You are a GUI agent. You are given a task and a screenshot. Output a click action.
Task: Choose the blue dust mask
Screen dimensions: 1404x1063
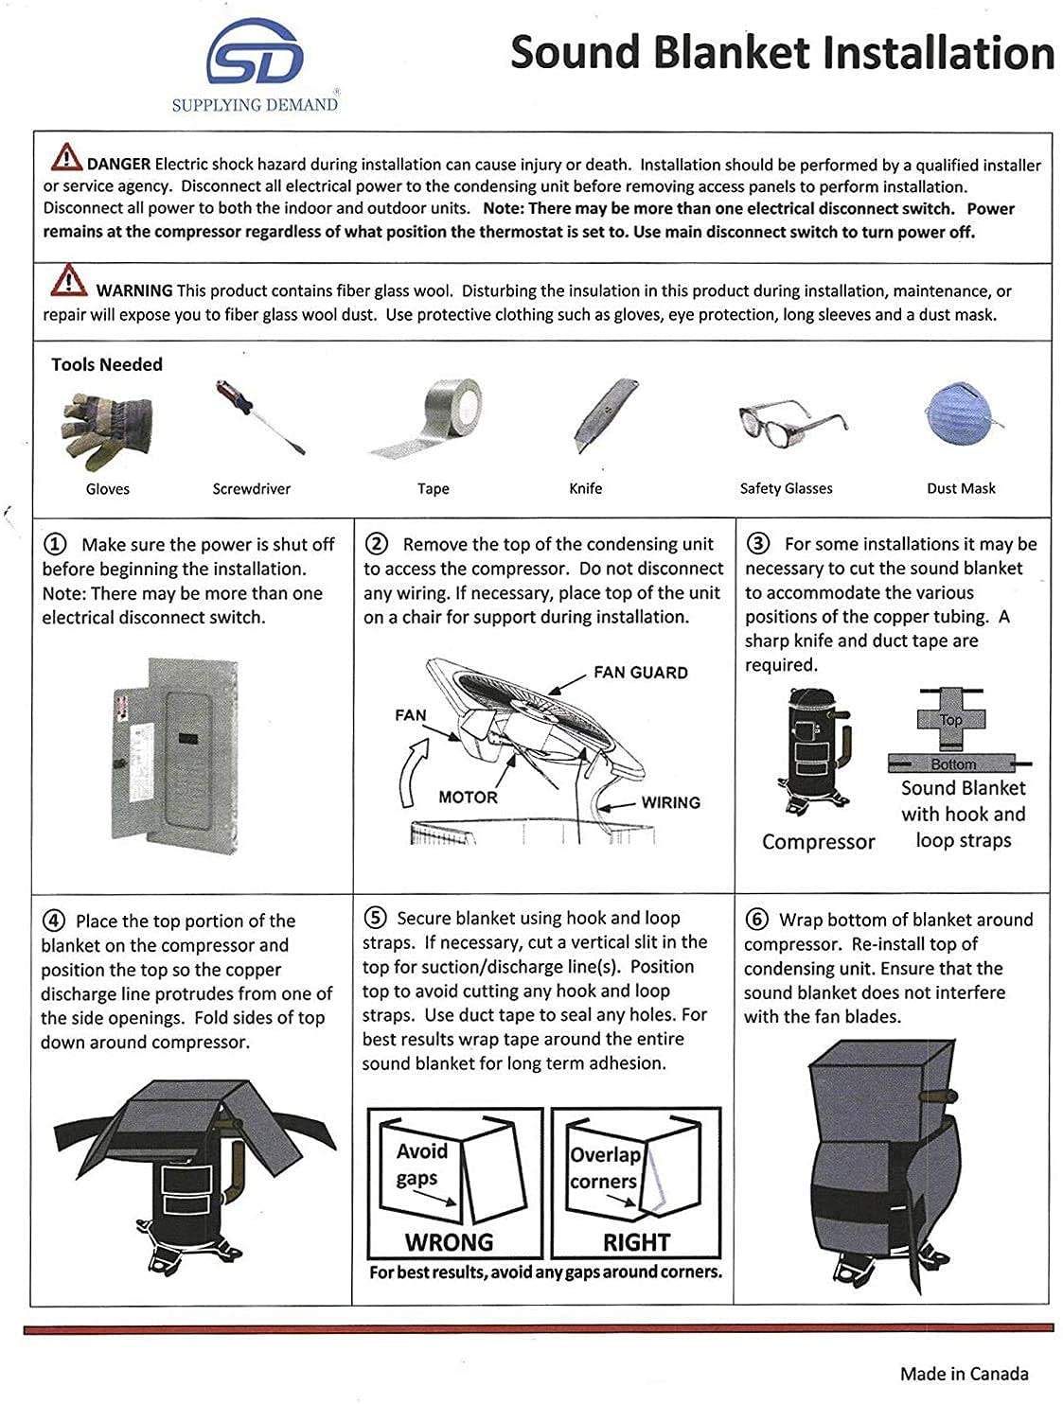click(x=959, y=416)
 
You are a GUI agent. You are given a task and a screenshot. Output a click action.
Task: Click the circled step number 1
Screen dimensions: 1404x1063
click(x=56, y=544)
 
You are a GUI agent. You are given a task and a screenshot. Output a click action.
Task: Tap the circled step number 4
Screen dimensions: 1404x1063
click(x=55, y=921)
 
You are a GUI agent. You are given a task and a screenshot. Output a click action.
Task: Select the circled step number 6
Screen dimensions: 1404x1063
click(x=757, y=920)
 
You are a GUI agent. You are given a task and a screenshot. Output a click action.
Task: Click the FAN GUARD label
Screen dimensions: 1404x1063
click(x=640, y=673)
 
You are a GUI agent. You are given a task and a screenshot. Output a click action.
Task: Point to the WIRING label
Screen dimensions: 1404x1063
click(x=670, y=802)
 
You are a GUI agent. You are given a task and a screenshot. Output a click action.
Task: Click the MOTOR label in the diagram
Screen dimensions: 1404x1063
click(x=468, y=798)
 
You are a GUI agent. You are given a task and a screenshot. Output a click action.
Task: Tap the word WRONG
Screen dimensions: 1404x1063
click(x=449, y=1241)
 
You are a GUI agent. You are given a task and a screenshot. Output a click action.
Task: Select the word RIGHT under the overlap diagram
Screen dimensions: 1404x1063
click(x=636, y=1241)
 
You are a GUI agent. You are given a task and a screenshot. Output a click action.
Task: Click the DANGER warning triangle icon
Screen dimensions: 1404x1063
click(x=66, y=155)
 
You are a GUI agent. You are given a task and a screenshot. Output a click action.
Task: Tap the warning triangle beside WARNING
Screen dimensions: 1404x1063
click(x=69, y=281)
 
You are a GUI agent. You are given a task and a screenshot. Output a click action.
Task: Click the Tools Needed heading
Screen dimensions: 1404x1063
click(x=107, y=364)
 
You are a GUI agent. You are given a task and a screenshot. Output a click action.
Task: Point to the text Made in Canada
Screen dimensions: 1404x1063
click(x=964, y=1374)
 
